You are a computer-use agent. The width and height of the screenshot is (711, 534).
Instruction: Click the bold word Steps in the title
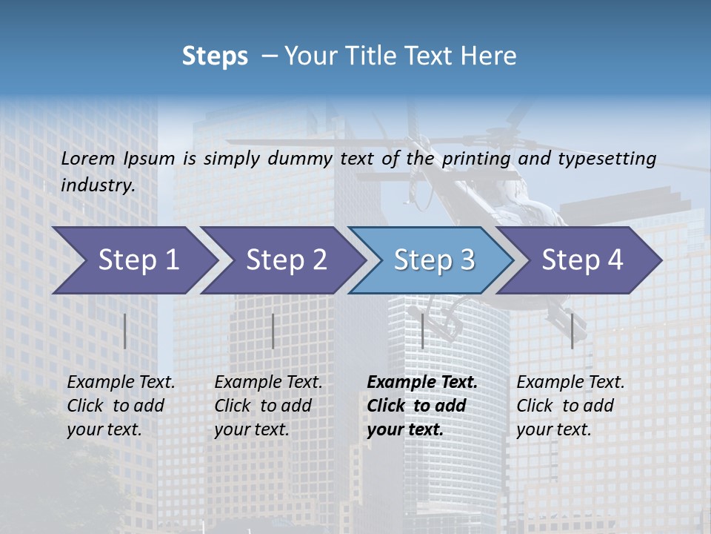215,56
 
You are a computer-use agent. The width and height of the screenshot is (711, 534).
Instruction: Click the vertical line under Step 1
125,331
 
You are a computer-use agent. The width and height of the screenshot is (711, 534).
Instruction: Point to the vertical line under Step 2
273,331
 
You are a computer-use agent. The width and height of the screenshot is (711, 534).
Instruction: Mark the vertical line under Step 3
422,331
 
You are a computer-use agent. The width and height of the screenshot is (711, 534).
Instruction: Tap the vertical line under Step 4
572,331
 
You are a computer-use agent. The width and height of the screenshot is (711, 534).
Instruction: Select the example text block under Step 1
121,405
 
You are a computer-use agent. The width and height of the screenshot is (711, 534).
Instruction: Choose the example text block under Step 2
268,405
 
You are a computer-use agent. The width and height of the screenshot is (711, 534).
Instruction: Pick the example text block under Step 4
570,405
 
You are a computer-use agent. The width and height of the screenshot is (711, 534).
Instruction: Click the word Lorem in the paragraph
88,158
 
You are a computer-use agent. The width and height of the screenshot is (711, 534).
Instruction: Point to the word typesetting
607,159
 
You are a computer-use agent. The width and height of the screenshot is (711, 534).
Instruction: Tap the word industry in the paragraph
98,185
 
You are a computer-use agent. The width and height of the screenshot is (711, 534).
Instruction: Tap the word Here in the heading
490,56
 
